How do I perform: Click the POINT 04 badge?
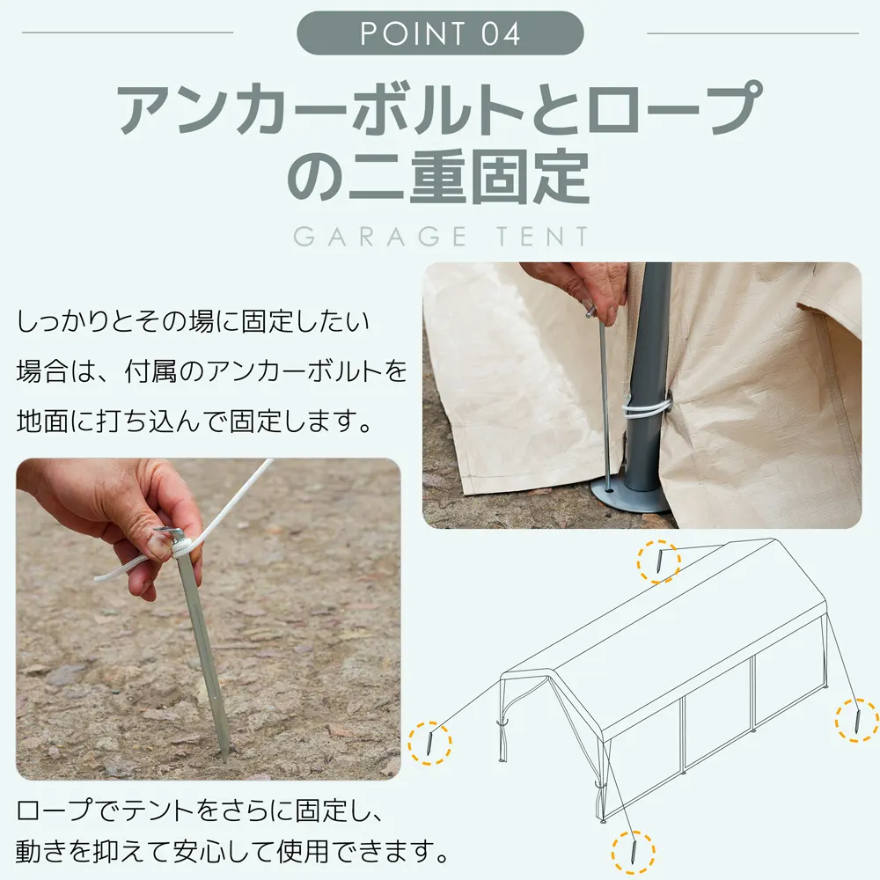coord(440,33)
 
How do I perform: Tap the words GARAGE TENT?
coord(441,236)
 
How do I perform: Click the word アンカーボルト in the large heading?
coord(320,108)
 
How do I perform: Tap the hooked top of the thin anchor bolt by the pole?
coord(592,310)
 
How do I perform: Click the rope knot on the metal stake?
coord(182,546)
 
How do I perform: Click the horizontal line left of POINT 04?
coord(128,33)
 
